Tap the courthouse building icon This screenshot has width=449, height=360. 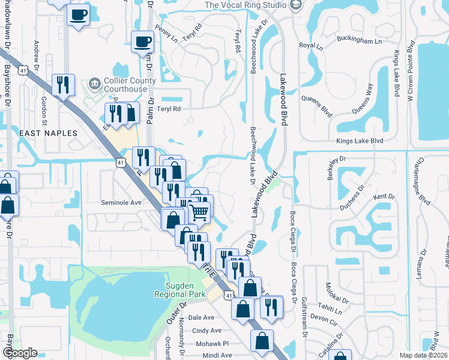coord(94,83)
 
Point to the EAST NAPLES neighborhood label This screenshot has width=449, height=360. coord(48,132)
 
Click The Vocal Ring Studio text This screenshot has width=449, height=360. coord(246,5)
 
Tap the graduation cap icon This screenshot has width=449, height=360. coord(295,5)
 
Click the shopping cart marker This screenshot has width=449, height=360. coord(199,211)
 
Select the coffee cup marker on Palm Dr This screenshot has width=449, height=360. coord(142,41)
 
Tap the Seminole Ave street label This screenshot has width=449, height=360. coord(121,203)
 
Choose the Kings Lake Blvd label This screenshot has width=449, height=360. coord(360,141)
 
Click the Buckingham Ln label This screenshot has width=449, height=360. coord(362,41)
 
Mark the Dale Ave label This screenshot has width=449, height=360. coord(201,317)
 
